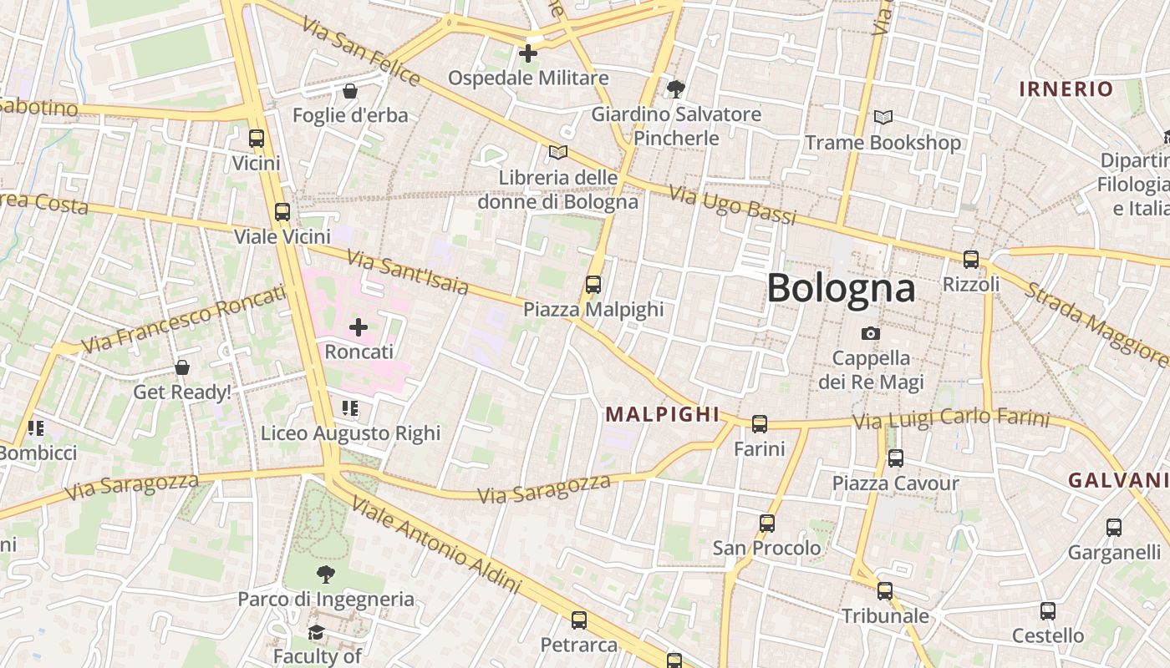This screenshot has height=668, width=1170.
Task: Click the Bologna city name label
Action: (841, 288)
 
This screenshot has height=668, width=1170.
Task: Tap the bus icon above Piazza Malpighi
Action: (593, 285)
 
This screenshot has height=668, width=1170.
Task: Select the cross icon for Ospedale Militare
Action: (528, 54)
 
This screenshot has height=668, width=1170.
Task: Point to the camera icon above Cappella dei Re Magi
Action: (871, 334)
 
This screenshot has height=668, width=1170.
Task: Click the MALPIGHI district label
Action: (663, 414)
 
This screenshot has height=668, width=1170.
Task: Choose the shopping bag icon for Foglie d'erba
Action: (350, 90)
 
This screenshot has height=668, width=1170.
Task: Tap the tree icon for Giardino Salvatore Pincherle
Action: (676, 89)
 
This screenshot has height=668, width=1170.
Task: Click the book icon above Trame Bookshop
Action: (883, 118)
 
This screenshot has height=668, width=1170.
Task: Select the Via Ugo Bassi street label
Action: (733, 205)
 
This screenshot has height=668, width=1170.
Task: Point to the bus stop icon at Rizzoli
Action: (971, 260)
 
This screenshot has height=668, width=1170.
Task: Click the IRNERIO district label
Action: (1066, 89)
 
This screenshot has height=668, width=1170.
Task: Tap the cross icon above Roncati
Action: (359, 326)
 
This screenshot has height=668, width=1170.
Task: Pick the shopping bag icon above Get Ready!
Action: (182, 367)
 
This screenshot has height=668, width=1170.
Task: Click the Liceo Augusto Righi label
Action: (350, 433)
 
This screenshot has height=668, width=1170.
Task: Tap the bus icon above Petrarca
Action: (579, 620)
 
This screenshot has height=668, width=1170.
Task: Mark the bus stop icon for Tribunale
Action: (885, 591)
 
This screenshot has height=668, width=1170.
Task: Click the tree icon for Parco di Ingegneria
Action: (326, 574)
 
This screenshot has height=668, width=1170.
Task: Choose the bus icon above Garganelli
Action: (1114, 528)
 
